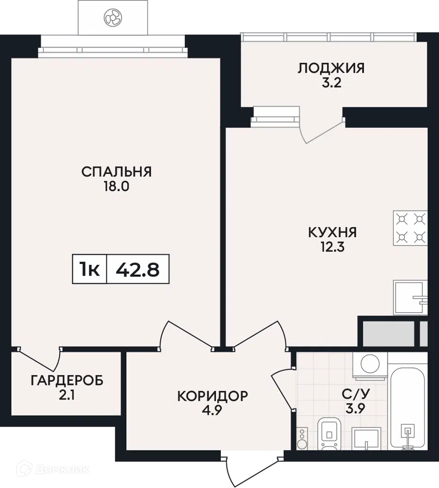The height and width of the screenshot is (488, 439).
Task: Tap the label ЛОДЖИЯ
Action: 331,68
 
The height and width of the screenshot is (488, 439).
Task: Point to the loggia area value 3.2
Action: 332,83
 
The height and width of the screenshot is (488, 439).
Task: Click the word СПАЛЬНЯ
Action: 117,172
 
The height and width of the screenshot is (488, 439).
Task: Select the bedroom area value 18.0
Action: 117,187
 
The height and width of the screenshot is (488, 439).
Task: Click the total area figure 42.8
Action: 137,269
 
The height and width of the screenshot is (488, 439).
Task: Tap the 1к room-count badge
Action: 89,269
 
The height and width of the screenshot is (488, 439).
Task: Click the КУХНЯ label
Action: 332,233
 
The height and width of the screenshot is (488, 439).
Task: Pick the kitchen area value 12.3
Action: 332,248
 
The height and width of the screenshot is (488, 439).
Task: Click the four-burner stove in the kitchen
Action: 411,228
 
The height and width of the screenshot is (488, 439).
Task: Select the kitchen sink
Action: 411,298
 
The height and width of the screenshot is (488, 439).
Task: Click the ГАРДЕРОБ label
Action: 67,380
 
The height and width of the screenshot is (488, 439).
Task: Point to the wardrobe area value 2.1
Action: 66,395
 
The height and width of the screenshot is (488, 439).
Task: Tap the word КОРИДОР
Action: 213,396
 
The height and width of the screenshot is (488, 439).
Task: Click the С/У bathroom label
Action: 355,394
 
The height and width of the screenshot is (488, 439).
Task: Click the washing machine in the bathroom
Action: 370,366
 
